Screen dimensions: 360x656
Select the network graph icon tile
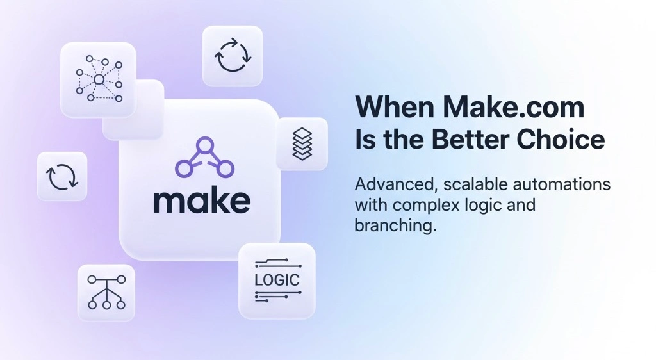[98, 79]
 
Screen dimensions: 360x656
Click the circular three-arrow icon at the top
[233, 56]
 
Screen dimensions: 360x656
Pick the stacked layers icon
[302, 144]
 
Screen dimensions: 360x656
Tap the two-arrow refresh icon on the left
[62, 176]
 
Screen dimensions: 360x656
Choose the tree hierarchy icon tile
[106, 292]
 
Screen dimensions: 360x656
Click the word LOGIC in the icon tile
[277, 280]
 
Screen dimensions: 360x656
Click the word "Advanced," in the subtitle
[390, 185]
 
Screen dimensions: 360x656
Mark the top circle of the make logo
[204, 146]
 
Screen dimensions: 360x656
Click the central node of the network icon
[98, 79]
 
